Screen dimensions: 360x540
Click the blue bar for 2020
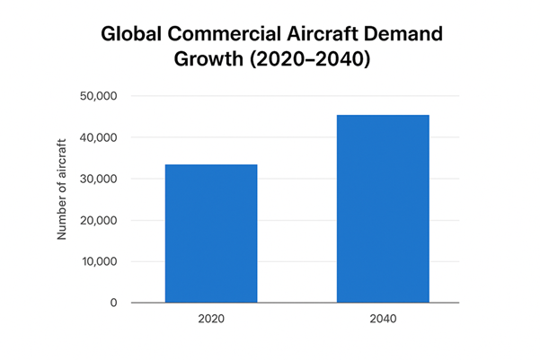point(211,233)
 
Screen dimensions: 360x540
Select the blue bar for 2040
point(383,209)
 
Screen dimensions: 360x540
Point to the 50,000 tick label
point(98,96)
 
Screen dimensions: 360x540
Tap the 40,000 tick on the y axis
point(98,137)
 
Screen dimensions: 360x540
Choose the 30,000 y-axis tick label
point(98,179)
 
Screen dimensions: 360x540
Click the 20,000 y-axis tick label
point(98,220)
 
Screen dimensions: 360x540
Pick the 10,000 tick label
point(98,261)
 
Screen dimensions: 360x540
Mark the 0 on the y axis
point(114,303)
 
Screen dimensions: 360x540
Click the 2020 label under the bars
point(211,319)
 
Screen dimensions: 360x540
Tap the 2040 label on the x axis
point(383,319)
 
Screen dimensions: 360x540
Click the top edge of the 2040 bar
point(383,116)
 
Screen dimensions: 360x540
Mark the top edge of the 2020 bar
point(211,165)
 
